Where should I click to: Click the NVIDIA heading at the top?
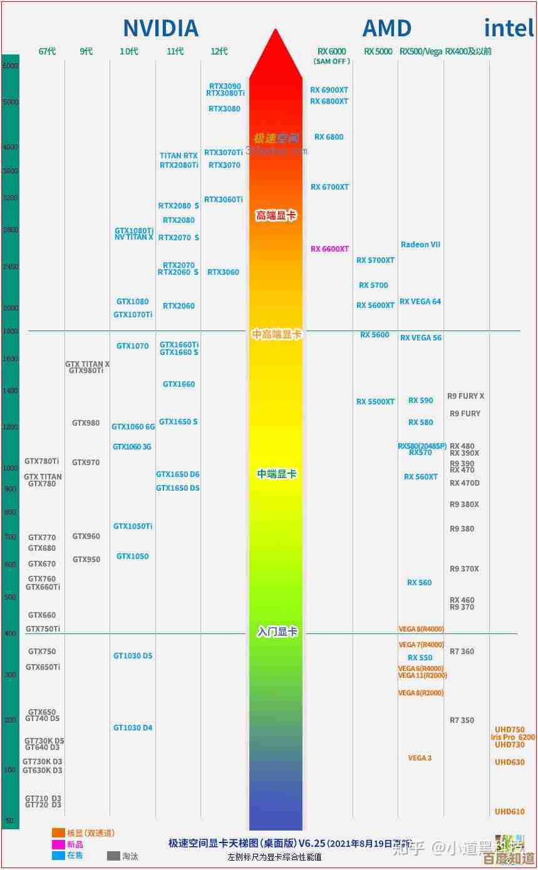[x=160, y=29]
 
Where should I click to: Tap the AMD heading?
[x=386, y=29]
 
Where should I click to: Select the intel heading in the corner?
[x=508, y=28]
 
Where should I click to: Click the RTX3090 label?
[x=225, y=86]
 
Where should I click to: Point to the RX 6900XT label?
[x=329, y=90]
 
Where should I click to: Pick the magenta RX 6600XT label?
[x=329, y=249]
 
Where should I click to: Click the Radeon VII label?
[x=420, y=245]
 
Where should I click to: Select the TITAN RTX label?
[x=178, y=156]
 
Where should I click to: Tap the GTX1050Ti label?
[x=133, y=526]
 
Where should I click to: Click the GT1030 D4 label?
[x=133, y=728]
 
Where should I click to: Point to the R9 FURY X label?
[x=465, y=396]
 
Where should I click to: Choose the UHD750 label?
[x=510, y=730]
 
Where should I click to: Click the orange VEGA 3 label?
[x=420, y=758]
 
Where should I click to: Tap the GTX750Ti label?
[x=43, y=629]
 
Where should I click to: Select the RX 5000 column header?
[x=378, y=51]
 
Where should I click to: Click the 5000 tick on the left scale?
[x=11, y=102]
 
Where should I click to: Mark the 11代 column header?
[x=175, y=51]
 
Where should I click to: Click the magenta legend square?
[x=58, y=844]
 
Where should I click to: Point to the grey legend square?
[x=113, y=856]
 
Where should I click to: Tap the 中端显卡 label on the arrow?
[x=276, y=474]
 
